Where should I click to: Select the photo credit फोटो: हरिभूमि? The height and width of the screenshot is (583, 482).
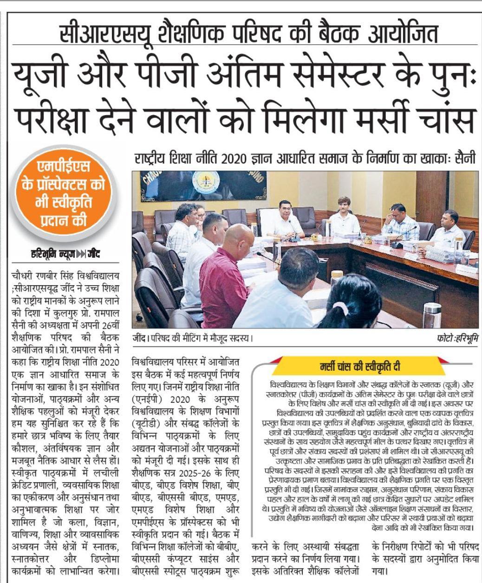457,338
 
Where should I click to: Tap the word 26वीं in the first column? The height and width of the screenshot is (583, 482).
104,325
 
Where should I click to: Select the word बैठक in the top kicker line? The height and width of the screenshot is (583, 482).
339,34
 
